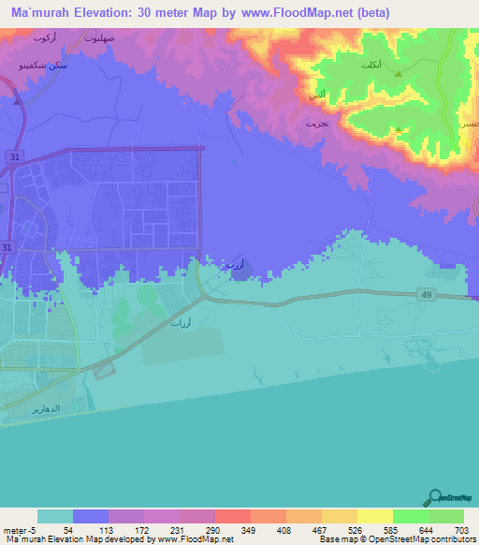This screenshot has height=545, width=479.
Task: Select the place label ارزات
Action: point(181,323)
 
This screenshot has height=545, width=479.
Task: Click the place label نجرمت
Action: point(316,123)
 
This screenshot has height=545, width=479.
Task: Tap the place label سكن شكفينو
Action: point(34,67)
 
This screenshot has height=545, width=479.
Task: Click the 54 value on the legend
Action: point(67,530)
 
